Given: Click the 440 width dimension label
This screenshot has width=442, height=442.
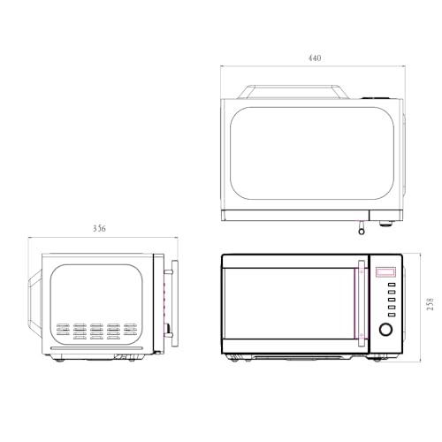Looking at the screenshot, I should click(x=315, y=57).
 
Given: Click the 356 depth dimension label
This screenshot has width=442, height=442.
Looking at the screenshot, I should click(x=99, y=229).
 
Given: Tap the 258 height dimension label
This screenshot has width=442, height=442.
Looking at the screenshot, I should click(x=430, y=304).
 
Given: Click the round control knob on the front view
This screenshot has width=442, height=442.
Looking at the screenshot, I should click(x=385, y=330).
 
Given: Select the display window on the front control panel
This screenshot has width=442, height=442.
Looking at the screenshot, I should click(x=385, y=273).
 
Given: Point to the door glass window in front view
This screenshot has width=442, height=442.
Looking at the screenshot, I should click(x=288, y=305).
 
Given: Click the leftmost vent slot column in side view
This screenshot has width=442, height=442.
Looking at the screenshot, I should click(x=62, y=331).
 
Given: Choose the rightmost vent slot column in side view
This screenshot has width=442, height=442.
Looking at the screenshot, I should click(x=131, y=331).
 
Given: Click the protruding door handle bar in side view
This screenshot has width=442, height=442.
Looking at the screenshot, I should click(x=174, y=300).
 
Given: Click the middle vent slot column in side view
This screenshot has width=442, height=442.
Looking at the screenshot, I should click(x=96, y=331).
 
